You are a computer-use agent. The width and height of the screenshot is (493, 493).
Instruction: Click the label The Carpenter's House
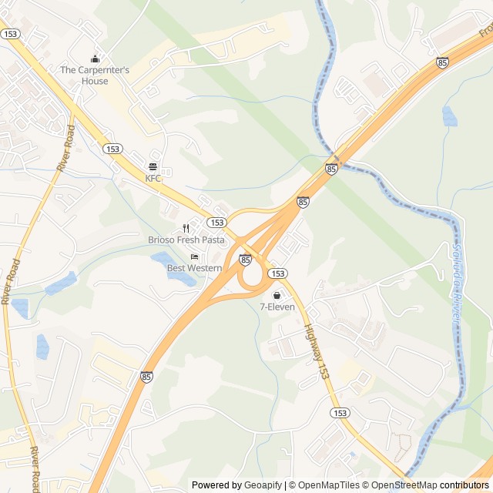point(96,70)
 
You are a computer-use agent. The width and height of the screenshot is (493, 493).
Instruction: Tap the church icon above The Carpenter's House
point(96,59)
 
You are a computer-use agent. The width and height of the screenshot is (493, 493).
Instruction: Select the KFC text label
point(153,178)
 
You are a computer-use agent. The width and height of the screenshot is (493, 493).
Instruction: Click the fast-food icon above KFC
point(153,166)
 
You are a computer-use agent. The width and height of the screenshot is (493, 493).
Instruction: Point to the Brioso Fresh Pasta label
point(186,240)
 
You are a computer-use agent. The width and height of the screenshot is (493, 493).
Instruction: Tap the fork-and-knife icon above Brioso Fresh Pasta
point(186,228)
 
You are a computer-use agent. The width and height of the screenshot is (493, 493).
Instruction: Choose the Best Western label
point(194,268)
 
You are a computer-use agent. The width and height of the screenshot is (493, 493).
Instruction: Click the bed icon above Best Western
point(194,257)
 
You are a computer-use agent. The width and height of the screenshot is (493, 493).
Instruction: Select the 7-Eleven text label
point(277,307)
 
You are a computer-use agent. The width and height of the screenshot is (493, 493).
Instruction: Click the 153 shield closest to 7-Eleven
point(278,273)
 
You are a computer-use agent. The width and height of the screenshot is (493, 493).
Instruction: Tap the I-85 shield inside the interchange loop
point(245,260)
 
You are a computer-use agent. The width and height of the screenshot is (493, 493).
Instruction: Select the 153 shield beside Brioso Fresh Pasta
point(216,222)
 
